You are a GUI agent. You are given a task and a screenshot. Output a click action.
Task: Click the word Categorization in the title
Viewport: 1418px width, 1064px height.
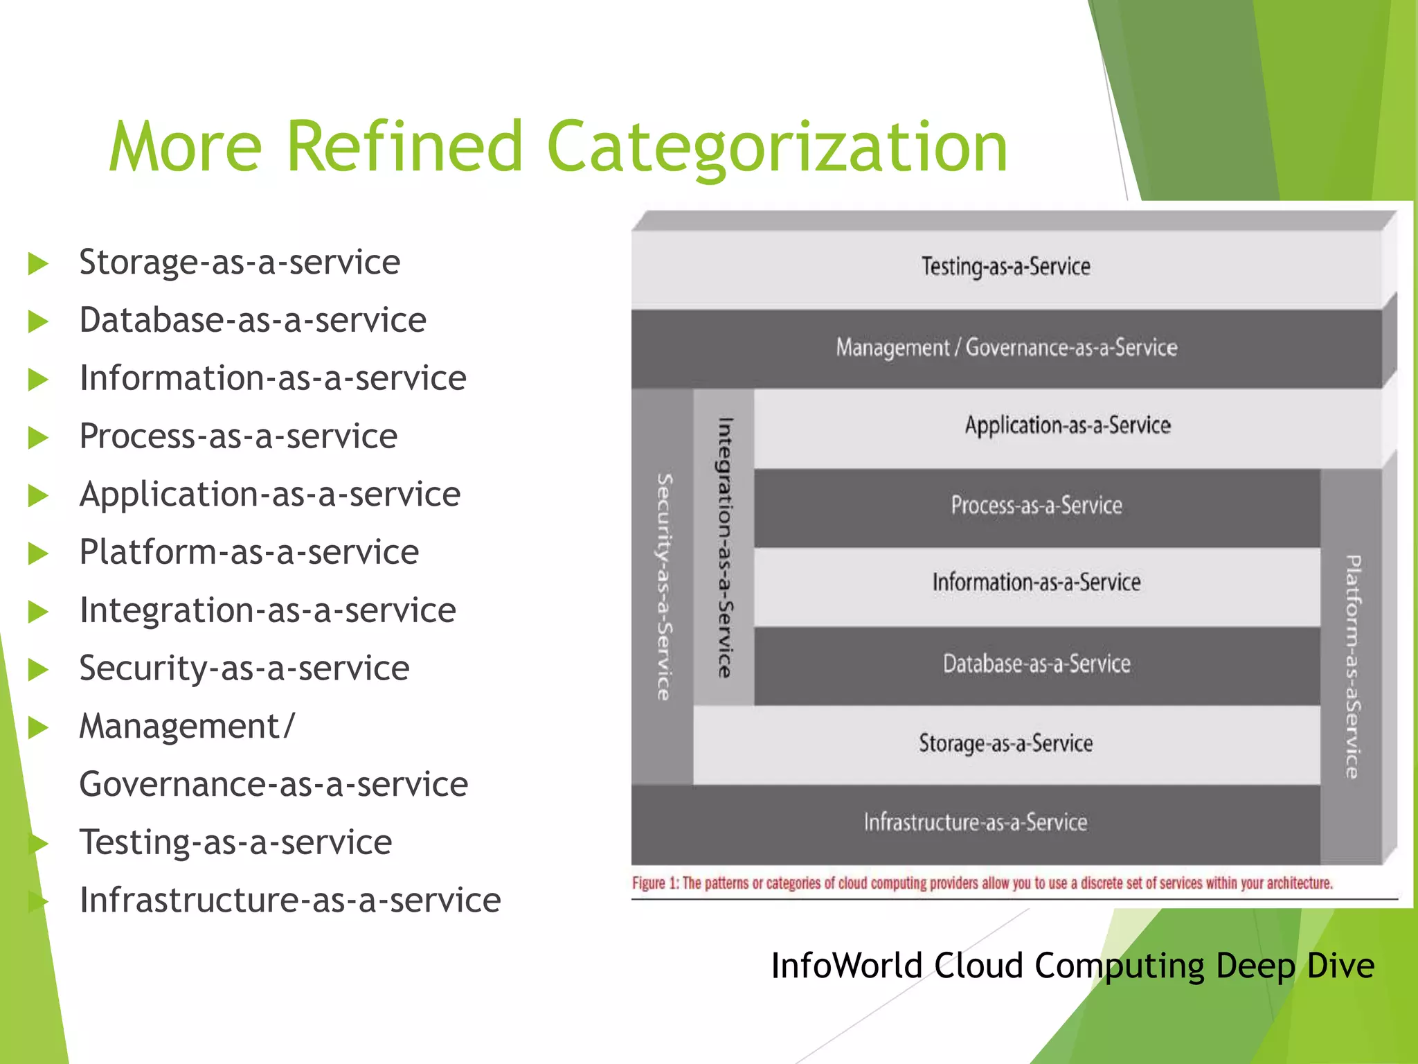[777, 147]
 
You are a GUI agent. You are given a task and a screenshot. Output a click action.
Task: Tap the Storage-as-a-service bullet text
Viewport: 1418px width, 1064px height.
[240, 263]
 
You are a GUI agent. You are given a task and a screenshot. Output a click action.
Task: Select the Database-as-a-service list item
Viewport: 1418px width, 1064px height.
[253, 321]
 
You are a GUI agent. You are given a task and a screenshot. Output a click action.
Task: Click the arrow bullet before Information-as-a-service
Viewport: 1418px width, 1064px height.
[38, 380]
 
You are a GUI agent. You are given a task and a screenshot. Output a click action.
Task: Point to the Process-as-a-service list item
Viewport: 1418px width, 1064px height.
[238, 436]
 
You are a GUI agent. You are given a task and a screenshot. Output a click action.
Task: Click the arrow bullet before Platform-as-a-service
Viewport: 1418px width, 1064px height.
[38, 553]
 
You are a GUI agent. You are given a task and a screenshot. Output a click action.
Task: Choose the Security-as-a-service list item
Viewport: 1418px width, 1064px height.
[244, 668]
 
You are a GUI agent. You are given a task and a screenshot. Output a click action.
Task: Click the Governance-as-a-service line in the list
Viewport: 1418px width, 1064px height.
[273, 785]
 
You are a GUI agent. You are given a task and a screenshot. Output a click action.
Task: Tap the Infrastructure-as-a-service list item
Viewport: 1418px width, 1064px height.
[289, 901]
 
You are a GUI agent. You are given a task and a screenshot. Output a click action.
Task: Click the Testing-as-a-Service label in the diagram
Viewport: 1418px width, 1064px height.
[1005, 267]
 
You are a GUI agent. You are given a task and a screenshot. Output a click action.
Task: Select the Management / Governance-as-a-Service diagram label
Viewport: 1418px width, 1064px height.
[1006, 347]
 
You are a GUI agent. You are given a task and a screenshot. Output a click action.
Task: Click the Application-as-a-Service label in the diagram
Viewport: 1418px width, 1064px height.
[1068, 425]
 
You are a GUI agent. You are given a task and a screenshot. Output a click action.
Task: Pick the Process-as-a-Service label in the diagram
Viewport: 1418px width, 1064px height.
[1036, 505]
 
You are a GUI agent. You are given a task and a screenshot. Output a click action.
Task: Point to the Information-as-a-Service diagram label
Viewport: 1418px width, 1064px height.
[1036, 583]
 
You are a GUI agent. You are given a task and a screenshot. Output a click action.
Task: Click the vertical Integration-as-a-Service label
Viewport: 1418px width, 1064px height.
[724, 547]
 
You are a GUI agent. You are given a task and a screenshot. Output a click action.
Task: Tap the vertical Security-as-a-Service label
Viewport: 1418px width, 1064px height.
[664, 586]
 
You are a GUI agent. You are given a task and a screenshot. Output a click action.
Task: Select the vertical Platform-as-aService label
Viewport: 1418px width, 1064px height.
[1352, 666]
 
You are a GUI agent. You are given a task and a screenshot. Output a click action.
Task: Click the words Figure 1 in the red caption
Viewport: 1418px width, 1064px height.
[656, 883]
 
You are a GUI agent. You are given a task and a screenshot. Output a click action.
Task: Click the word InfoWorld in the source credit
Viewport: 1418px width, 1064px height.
[846, 966]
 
